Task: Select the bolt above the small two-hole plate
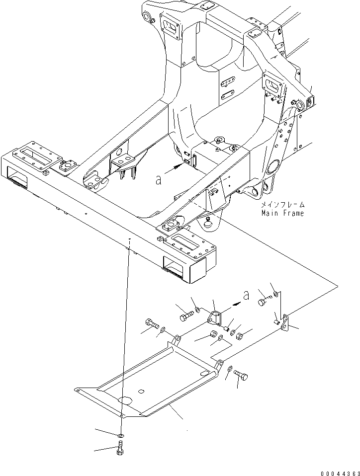263,301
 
